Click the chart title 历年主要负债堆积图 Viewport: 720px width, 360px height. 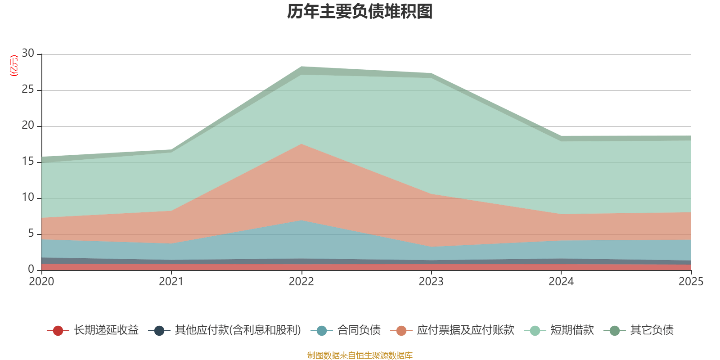click(x=360, y=12)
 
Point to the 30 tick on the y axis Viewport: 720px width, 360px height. click(x=28, y=53)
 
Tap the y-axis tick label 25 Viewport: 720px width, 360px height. click(x=28, y=89)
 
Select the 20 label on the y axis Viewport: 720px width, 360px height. click(x=28, y=125)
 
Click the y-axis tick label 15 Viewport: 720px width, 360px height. click(x=28, y=161)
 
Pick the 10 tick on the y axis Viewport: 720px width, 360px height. click(x=28, y=197)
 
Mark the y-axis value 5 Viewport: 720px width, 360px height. click(x=31, y=233)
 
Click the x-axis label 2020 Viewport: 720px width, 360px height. click(x=41, y=282)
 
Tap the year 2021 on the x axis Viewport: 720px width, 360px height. click(x=171, y=282)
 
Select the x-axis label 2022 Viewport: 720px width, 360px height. click(x=301, y=282)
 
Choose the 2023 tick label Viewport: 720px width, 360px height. click(x=431, y=282)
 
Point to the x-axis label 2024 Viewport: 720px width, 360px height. click(x=561, y=282)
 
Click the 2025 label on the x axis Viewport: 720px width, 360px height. click(x=691, y=282)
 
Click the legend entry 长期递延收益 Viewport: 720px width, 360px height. click(x=106, y=330)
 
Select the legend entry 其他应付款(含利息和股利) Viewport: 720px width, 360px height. click(x=238, y=330)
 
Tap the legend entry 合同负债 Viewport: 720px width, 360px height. click(x=359, y=330)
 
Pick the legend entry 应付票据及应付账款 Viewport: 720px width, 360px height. click(x=465, y=330)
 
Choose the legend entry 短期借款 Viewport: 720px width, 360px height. click(x=572, y=330)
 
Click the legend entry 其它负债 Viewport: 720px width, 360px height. click(x=652, y=330)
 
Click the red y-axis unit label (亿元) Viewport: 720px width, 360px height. click(x=14, y=66)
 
